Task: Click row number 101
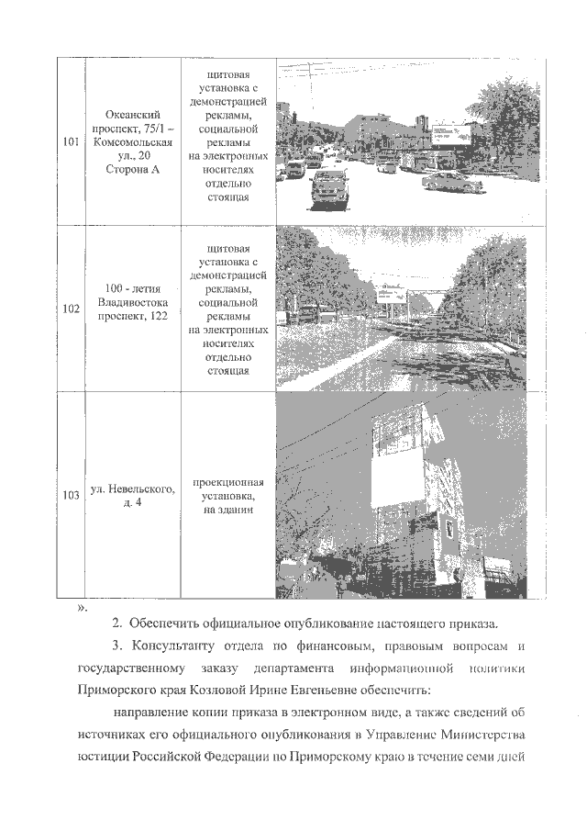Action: (x=71, y=142)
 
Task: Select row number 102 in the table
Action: (x=71, y=309)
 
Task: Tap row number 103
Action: (x=71, y=496)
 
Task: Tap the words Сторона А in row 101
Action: (x=134, y=172)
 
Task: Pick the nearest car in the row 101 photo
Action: (x=331, y=191)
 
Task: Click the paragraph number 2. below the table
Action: (x=117, y=625)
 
